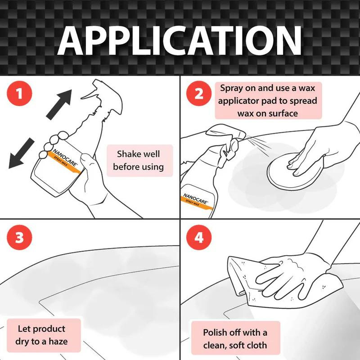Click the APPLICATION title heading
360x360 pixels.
(x=180, y=40)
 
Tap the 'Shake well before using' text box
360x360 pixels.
(x=138, y=161)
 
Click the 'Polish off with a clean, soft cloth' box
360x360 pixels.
(x=235, y=339)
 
